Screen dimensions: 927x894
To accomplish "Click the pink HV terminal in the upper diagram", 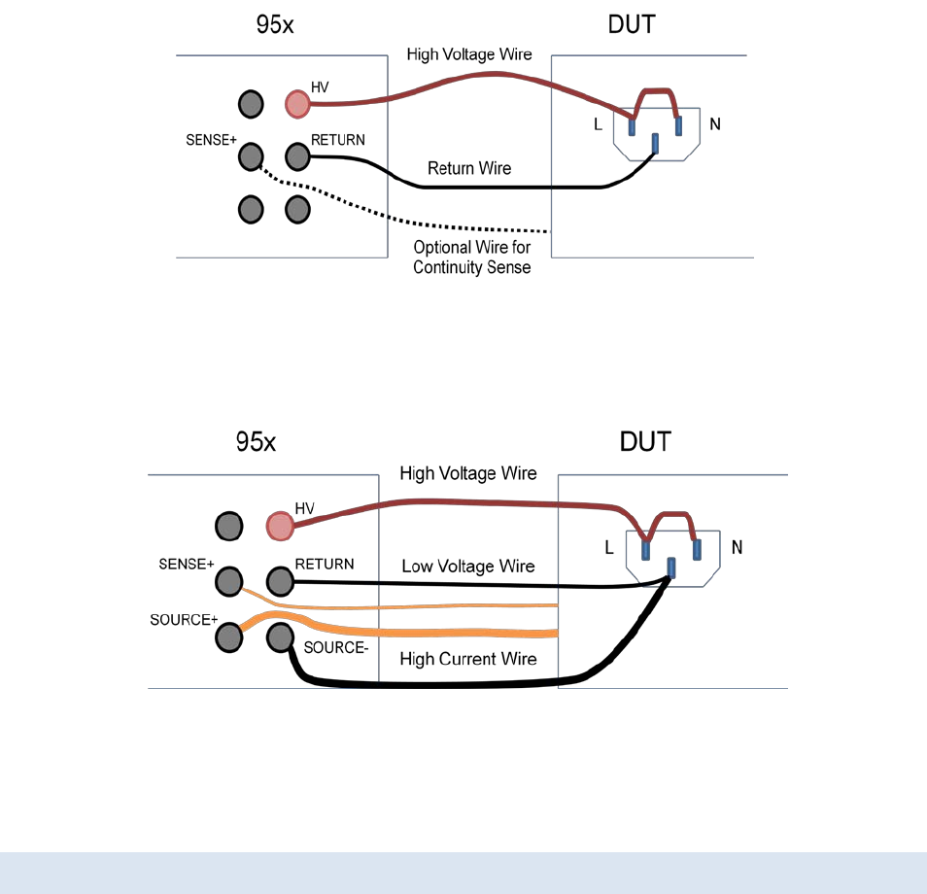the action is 297,103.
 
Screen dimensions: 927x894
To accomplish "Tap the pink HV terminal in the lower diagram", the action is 280,526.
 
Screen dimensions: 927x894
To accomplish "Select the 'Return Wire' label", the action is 469,168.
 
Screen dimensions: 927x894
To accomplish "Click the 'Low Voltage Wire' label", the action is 468,567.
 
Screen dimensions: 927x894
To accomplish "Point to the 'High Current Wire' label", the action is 467,659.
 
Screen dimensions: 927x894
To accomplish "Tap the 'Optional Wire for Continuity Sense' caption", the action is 472,258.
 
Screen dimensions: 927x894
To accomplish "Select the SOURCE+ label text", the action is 183,619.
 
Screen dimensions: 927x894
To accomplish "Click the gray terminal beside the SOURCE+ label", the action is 228,637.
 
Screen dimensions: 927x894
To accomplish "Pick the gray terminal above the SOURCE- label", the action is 280,637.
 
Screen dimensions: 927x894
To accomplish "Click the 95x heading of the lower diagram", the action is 257,443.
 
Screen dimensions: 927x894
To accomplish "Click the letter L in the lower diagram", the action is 609,547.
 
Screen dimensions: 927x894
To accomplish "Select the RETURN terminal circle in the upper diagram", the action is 297,155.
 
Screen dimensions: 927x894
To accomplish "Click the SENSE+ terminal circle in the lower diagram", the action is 228,581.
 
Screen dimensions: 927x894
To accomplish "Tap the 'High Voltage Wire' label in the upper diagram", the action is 469,54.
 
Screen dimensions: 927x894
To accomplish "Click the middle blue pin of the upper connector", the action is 655,145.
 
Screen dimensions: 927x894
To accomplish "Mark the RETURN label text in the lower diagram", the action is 325,564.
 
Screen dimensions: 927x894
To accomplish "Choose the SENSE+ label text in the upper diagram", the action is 211,139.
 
